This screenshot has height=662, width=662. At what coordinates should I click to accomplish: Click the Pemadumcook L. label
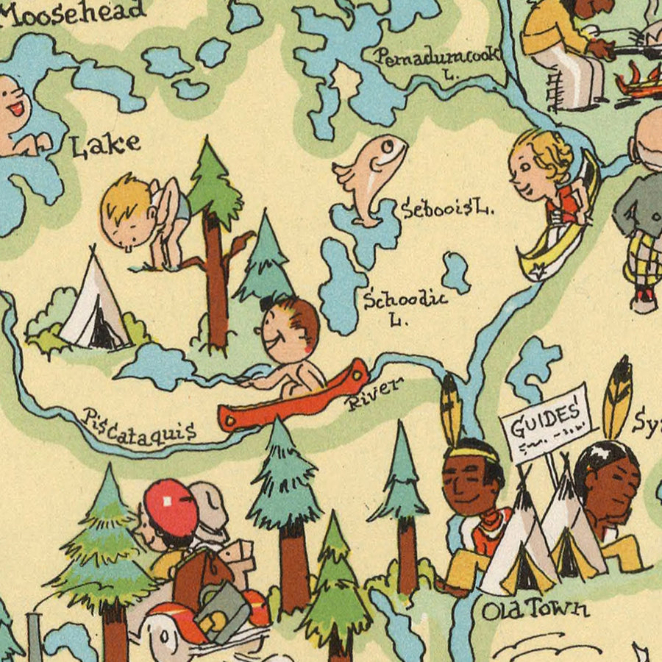437,59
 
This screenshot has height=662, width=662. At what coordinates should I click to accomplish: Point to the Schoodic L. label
406,305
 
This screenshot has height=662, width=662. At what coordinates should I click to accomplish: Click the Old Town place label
535,609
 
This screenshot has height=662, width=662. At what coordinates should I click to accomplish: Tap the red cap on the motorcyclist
171,507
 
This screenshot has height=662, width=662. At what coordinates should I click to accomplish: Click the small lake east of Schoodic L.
455,272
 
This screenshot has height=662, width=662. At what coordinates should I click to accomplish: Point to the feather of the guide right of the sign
618,397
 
